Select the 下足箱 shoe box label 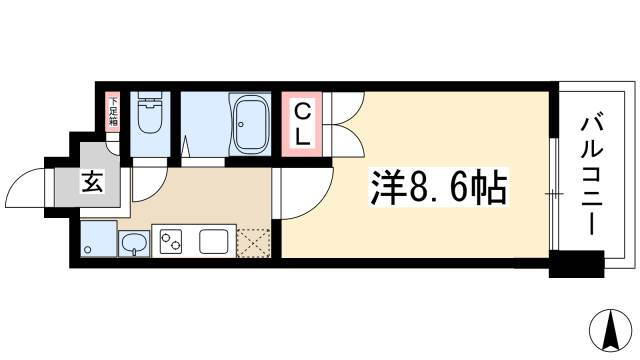coord(114,112)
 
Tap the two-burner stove coord(169,242)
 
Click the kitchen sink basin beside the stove coord(214,242)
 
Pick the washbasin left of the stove coord(132,242)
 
